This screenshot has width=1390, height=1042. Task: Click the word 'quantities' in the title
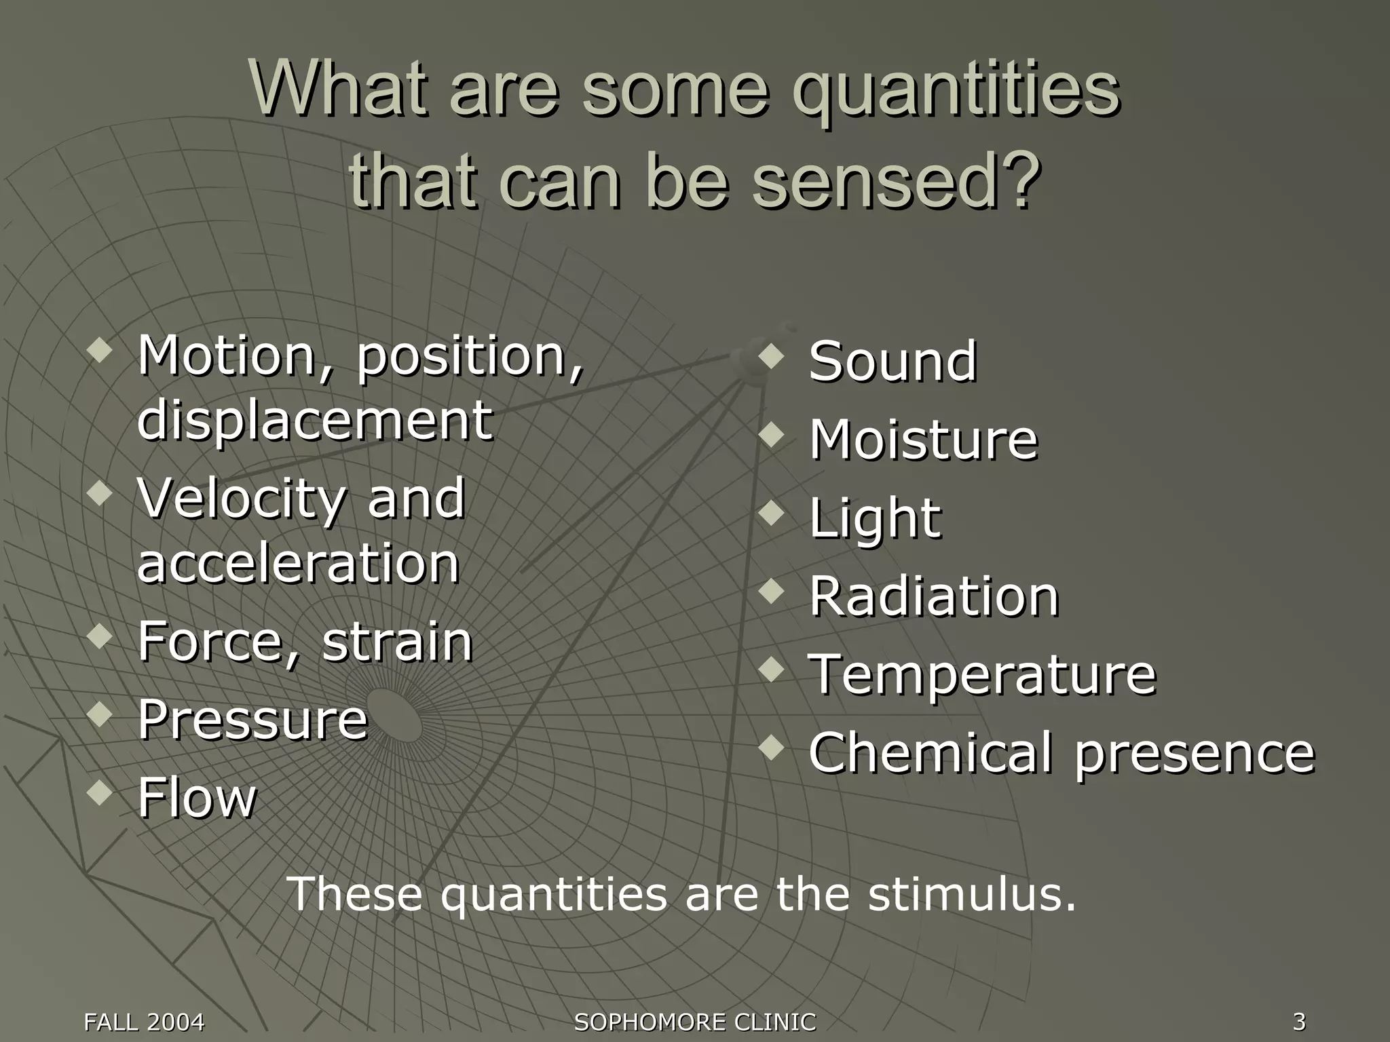click(956, 92)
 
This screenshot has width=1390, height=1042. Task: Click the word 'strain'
click(397, 642)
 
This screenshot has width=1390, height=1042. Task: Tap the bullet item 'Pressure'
click(252, 719)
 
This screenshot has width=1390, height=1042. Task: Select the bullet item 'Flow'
click(198, 798)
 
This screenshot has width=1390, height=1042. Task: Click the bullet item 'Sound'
click(893, 362)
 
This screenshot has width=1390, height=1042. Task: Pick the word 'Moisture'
click(923, 440)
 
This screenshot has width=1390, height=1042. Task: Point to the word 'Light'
click(875, 518)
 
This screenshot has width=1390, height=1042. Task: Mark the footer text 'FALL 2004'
click(144, 1022)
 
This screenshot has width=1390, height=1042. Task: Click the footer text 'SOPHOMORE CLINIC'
click(695, 1022)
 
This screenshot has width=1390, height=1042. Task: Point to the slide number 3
click(1299, 1021)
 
